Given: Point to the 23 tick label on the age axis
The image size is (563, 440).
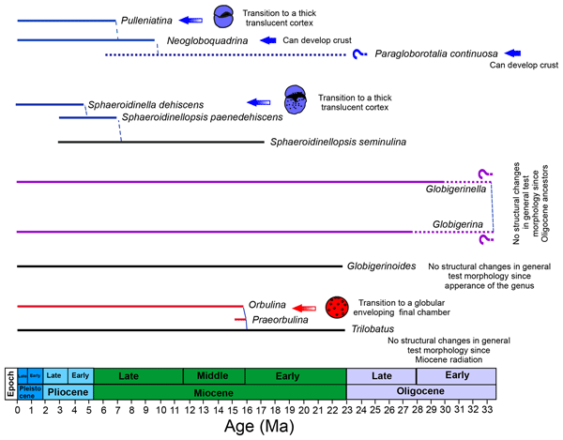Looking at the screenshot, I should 347,410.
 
